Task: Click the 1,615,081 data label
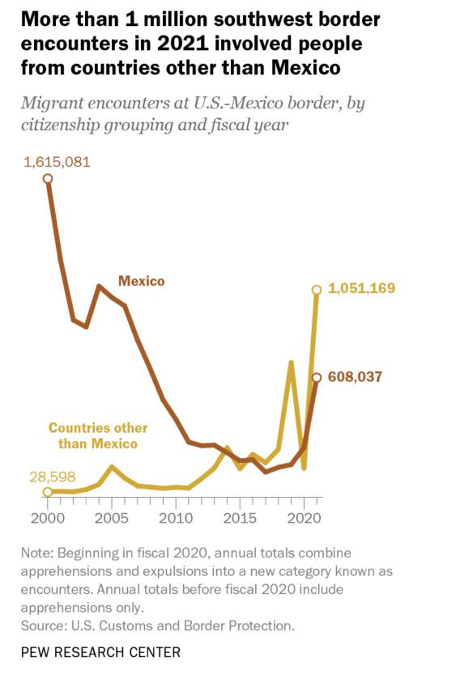pyautogui.click(x=57, y=162)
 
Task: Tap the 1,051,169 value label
pyautogui.click(x=361, y=287)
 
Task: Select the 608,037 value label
pyautogui.click(x=355, y=376)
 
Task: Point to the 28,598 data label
pyautogui.click(x=53, y=477)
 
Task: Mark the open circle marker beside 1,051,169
pyautogui.click(x=317, y=290)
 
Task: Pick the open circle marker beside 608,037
pyautogui.click(x=317, y=377)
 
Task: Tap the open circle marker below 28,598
pyautogui.click(x=48, y=491)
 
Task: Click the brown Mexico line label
pyautogui.click(x=142, y=281)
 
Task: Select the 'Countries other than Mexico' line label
pyautogui.click(x=98, y=435)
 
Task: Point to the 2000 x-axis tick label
pyautogui.click(x=48, y=518)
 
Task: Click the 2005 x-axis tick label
pyautogui.click(x=112, y=518)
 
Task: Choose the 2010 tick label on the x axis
pyautogui.click(x=176, y=518)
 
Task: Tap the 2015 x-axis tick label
pyautogui.click(x=240, y=518)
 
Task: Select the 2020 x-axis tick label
pyautogui.click(x=305, y=518)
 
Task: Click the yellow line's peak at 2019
pyautogui.click(x=292, y=362)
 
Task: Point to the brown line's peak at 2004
pyautogui.click(x=99, y=286)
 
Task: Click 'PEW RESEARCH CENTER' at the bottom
pyautogui.click(x=100, y=652)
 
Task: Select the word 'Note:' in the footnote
pyautogui.click(x=37, y=553)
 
